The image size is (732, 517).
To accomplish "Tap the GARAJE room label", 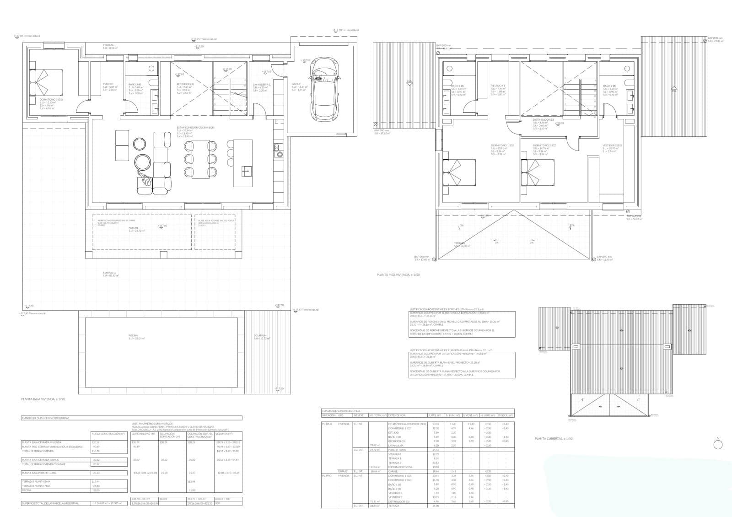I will click(x=296, y=84).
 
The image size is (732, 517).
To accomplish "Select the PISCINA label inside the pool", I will click(x=133, y=335).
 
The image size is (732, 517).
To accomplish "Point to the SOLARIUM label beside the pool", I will click(x=260, y=335).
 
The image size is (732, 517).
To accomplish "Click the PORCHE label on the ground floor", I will click(x=134, y=227).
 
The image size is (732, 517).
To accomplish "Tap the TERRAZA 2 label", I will click(x=109, y=272).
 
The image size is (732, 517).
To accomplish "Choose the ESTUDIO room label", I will click(x=108, y=84).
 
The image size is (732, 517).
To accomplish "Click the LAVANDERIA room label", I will click(x=262, y=84).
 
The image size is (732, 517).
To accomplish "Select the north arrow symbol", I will click(x=717, y=443).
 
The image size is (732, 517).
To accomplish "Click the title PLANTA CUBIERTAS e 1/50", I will click(x=554, y=439).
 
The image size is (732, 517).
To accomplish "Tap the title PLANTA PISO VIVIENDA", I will click(x=398, y=275).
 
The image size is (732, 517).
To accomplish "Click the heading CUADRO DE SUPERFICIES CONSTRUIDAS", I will click(x=45, y=418).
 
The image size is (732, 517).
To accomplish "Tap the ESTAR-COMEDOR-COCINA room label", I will click(x=195, y=128).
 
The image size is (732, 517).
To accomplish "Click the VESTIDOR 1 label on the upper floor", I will click(x=498, y=86).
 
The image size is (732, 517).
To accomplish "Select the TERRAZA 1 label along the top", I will click(x=109, y=45).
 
